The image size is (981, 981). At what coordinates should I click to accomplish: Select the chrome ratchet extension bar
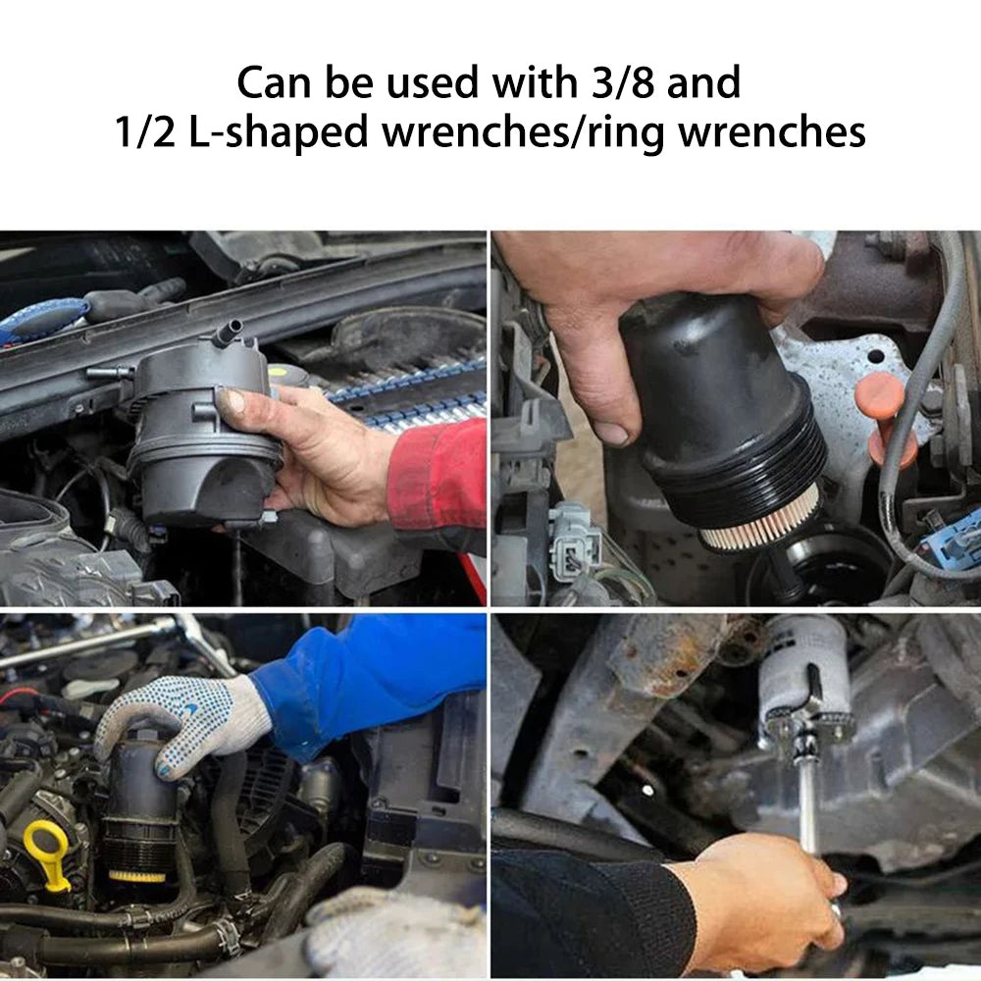808,804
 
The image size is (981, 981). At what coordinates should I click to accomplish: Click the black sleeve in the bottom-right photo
589,912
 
